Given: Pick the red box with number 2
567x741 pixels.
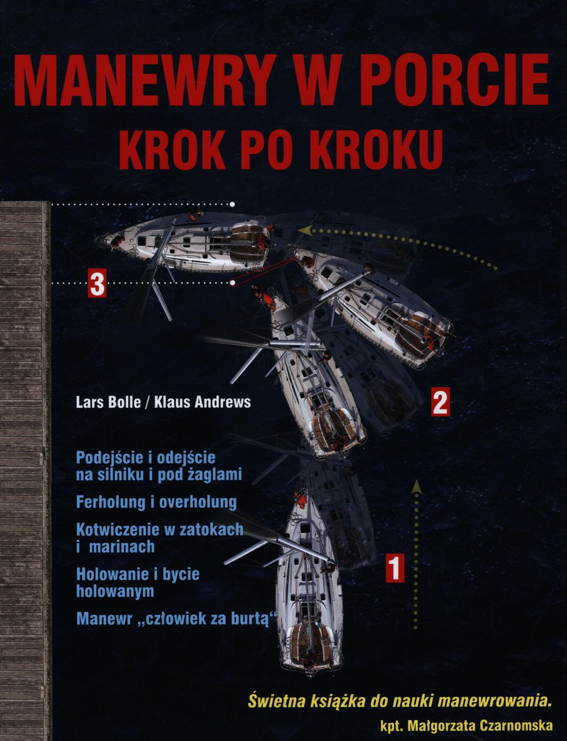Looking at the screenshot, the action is tap(440, 401).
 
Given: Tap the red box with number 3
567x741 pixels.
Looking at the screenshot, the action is tap(97, 283).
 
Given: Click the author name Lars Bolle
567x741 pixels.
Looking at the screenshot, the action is tap(108, 402).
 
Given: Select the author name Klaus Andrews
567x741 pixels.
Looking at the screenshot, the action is tap(203, 402).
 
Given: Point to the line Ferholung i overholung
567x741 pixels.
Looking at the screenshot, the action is tap(156, 503).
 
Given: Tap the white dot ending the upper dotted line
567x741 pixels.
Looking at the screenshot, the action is tap(232, 204).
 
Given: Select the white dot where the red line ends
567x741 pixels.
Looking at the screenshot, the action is tap(232, 283).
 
